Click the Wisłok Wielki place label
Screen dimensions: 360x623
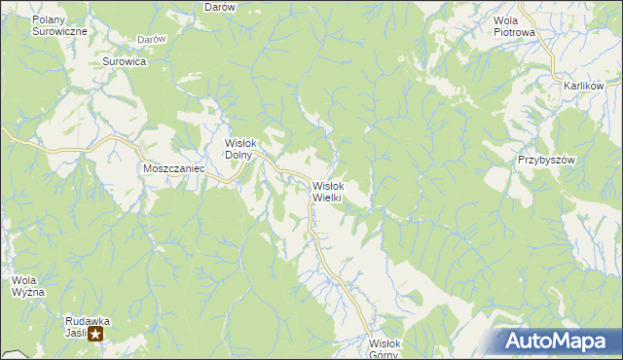326,191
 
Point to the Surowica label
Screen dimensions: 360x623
124,61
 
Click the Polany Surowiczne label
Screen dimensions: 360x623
59,25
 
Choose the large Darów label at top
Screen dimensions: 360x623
221,7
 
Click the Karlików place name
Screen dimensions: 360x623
584,86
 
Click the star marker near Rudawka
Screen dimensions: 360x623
96,333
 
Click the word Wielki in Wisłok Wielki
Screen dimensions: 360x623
326,198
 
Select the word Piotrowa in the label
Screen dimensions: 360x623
515,32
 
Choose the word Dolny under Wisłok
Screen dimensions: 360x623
239,154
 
